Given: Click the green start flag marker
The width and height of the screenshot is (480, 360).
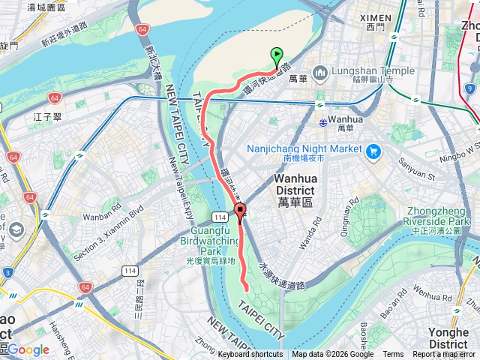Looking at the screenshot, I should [277, 55].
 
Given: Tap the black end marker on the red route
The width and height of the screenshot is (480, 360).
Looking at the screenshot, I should [240, 211].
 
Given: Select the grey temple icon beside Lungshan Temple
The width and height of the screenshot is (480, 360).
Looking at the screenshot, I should [319, 73].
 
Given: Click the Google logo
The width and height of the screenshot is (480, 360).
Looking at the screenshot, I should [28, 349].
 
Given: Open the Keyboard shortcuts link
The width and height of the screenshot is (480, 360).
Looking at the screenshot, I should [250, 355].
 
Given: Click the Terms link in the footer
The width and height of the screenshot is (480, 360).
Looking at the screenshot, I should [393, 355].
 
